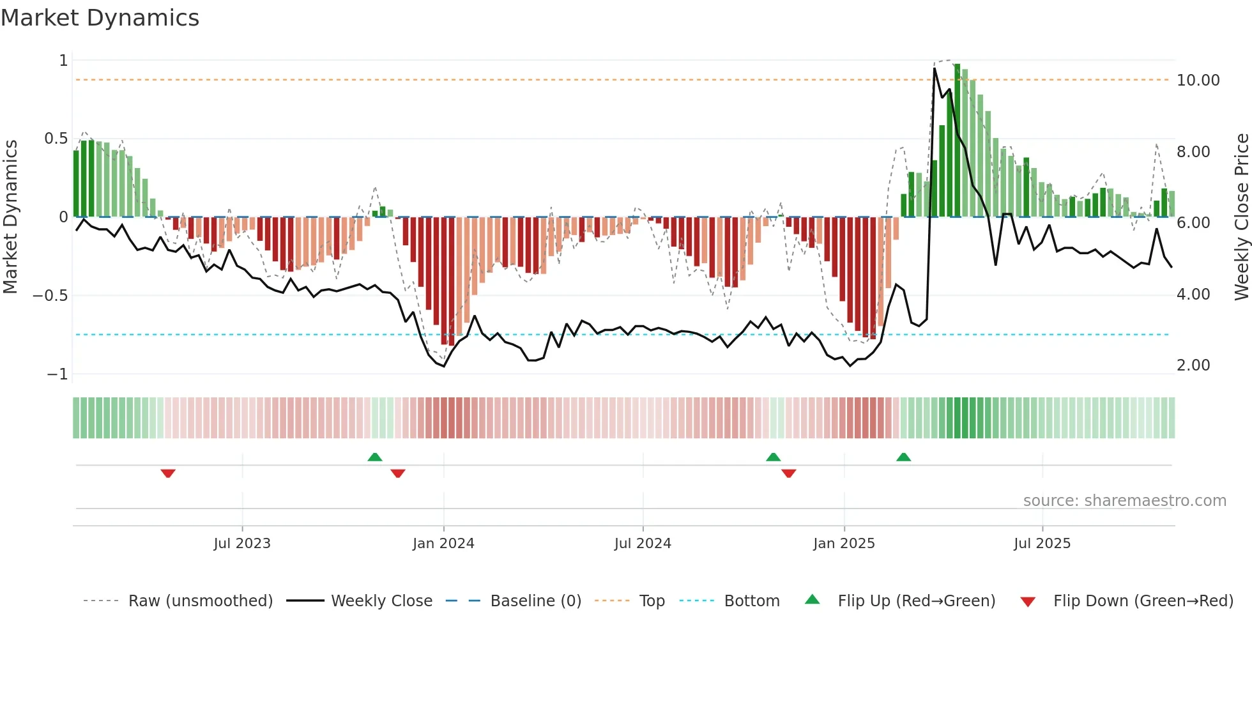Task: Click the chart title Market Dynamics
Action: coord(100,18)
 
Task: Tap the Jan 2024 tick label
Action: coord(443,544)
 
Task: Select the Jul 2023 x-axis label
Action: coord(242,544)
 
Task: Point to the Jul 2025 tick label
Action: coord(1042,544)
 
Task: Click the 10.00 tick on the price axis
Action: coord(1198,80)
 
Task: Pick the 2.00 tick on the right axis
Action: coord(1193,365)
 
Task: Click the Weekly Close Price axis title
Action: coord(1241,217)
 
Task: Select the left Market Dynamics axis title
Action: coord(10,217)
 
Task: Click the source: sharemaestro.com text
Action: coord(1124,501)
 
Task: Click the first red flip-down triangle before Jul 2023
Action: coord(168,473)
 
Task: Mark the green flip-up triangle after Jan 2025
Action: coord(903,457)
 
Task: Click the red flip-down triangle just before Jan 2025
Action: coord(788,473)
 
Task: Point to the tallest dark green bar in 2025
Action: coord(957,141)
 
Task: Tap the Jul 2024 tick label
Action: coord(643,544)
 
